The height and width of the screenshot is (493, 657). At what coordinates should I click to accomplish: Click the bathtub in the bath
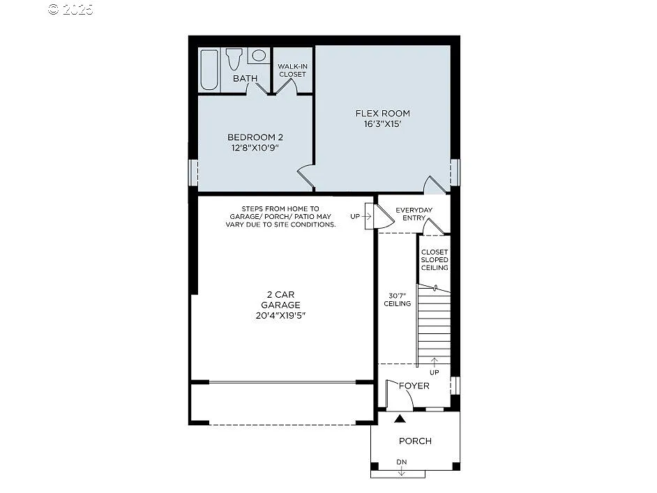click(x=209, y=70)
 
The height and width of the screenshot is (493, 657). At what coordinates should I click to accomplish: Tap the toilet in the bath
click(x=234, y=59)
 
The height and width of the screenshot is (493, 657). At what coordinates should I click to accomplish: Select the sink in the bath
click(x=259, y=56)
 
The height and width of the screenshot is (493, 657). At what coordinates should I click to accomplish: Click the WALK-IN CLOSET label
click(x=292, y=70)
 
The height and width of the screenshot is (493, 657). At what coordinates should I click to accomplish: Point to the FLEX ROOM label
click(x=383, y=113)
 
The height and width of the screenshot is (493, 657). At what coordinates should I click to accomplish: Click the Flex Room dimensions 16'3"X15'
click(x=383, y=124)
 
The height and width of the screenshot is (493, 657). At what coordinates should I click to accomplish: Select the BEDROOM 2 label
click(x=255, y=137)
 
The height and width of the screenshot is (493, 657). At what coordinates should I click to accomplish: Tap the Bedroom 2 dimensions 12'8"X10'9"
click(x=255, y=148)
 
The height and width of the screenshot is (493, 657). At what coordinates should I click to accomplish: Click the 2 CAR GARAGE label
click(x=281, y=300)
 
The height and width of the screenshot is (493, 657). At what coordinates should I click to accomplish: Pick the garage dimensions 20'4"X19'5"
click(x=281, y=315)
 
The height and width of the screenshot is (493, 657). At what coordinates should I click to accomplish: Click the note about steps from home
click(x=280, y=217)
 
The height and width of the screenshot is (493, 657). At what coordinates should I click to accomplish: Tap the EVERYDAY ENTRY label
click(x=414, y=214)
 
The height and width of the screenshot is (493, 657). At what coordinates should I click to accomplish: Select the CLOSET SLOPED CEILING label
click(x=434, y=259)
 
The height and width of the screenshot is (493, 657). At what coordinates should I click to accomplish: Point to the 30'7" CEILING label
click(x=397, y=298)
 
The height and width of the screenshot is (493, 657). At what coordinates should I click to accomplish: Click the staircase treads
click(x=434, y=324)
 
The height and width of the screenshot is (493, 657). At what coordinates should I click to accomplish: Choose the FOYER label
click(x=414, y=386)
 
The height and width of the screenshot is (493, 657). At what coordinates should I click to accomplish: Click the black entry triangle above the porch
click(x=400, y=419)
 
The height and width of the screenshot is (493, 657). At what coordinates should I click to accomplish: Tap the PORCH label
click(x=415, y=441)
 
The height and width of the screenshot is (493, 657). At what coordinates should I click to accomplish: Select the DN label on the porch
click(x=401, y=462)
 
